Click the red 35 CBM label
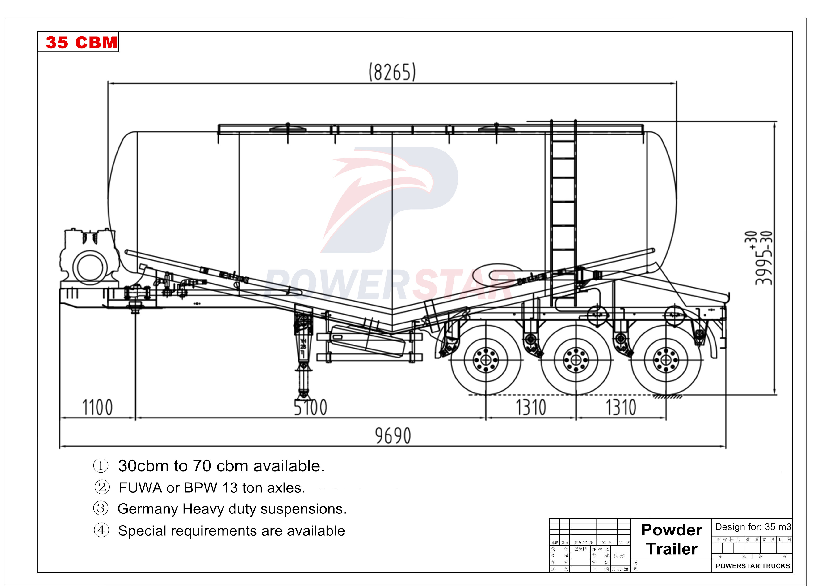coord(81,42)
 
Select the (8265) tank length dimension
coord(392,72)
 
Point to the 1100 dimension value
coord(97,407)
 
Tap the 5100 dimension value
coord(311,407)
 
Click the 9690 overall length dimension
coord(393,435)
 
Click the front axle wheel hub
coord(486,360)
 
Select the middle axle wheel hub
coord(576,360)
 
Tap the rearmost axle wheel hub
coord(666,360)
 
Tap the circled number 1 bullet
coord(101,465)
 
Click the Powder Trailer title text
coord(672,539)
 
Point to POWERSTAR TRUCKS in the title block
coord(753,566)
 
